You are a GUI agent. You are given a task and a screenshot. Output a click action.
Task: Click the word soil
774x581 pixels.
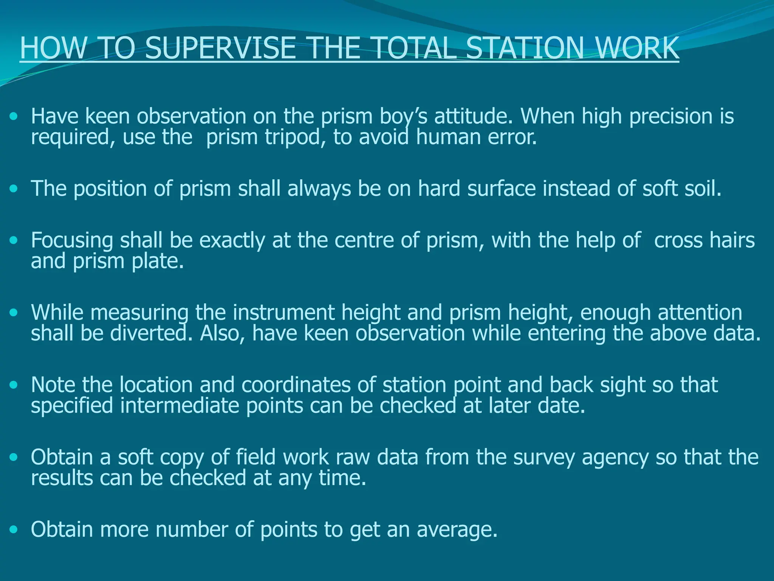(x=703, y=188)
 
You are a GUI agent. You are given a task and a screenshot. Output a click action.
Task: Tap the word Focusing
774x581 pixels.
(x=72, y=241)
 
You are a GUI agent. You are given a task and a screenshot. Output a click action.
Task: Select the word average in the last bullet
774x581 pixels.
(x=457, y=530)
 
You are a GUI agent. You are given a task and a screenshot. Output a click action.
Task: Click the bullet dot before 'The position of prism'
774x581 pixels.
(x=14, y=188)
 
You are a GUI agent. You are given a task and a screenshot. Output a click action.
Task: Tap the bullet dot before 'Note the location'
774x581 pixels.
(x=14, y=385)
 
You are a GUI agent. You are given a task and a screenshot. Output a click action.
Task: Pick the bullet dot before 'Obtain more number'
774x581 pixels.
(x=14, y=529)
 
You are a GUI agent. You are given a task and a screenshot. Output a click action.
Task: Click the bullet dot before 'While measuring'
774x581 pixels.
(x=14, y=313)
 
